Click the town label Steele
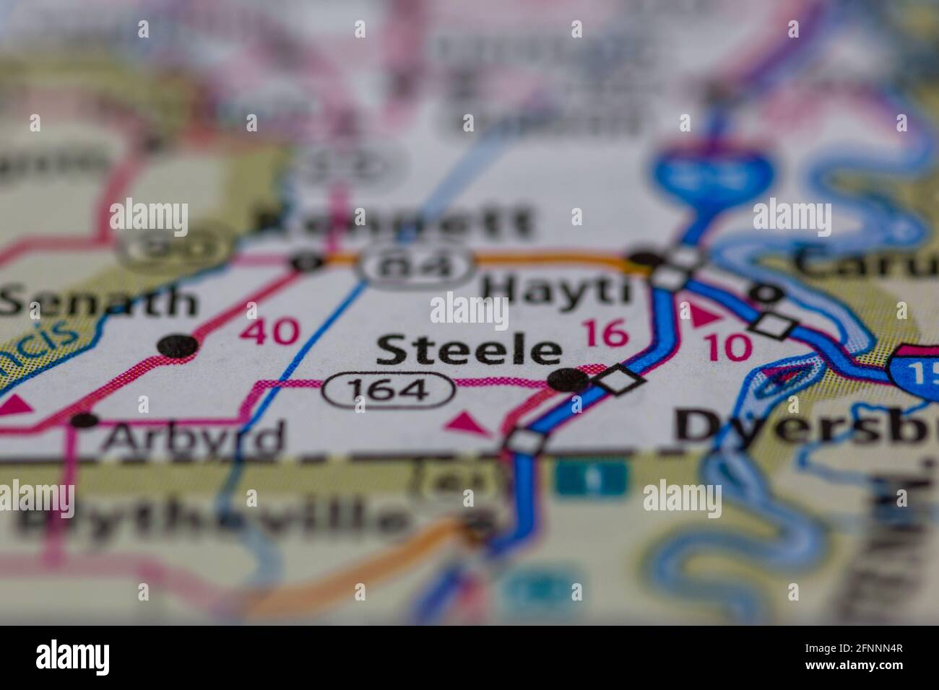(468, 351)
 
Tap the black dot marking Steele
(568, 379)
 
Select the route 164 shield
(388, 390)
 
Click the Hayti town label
(555, 290)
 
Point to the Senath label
(98, 302)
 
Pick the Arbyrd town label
(192, 437)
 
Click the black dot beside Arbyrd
(85, 419)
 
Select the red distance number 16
(605, 333)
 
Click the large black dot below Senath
(178, 346)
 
